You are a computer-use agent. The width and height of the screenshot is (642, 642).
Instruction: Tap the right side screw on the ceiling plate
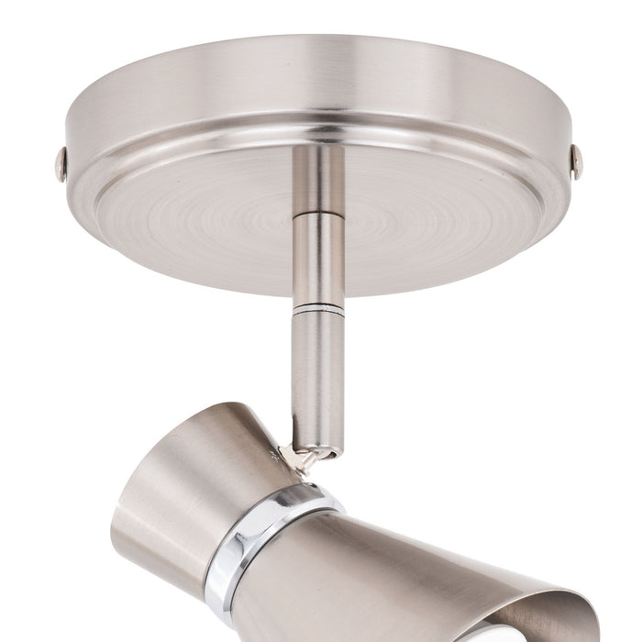pos(576,161)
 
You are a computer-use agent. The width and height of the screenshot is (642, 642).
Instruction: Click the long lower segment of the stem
pos(317,376)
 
